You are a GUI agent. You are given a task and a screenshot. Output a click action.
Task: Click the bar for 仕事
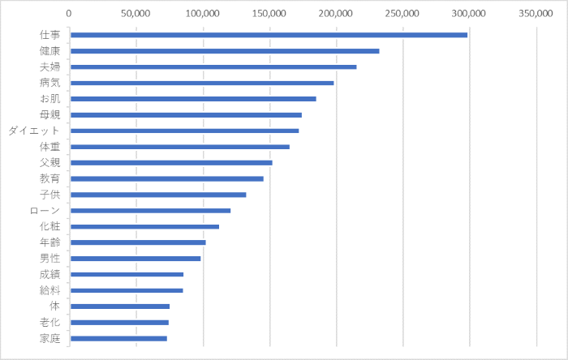coord(268,35)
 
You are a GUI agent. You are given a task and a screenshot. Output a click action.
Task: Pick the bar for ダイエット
coord(184,131)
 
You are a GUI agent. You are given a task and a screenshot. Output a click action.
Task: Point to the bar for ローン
coord(150,211)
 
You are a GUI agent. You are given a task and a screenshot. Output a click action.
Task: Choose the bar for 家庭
coord(118,338)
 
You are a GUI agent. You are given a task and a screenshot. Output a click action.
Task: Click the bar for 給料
coord(126,290)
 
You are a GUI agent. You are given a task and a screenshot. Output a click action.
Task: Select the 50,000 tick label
coord(136,14)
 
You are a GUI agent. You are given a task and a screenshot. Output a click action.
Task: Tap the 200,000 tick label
coord(336,14)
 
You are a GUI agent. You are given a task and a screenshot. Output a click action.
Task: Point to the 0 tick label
coord(69,14)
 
